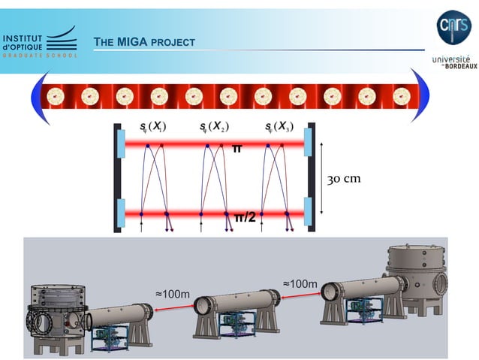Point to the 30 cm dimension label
[345, 178]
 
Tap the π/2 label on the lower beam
[245, 218]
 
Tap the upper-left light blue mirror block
[120, 143]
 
